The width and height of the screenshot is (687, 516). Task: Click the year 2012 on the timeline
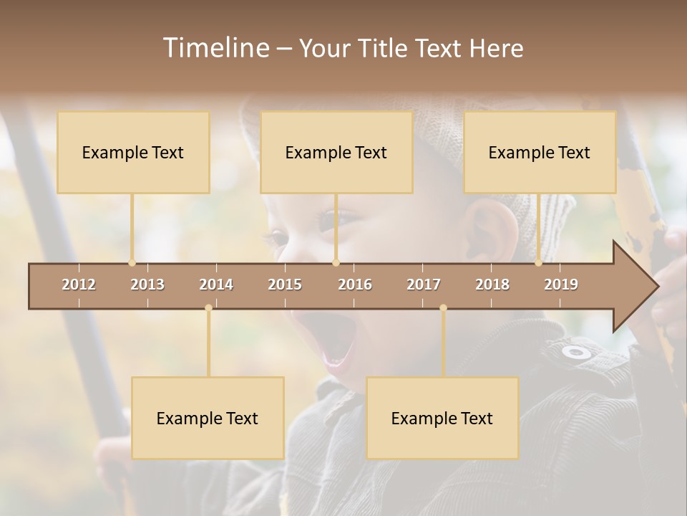(x=79, y=285)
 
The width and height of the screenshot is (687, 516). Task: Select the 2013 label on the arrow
(x=147, y=285)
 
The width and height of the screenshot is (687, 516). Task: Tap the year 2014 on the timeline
(x=216, y=285)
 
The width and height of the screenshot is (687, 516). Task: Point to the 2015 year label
(x=285, y=285)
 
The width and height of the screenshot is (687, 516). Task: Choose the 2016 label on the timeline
(x=355, y=285)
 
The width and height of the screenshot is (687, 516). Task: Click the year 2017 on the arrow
(x=424, y=285)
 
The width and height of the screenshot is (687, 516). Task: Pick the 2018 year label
(x=492, y=285)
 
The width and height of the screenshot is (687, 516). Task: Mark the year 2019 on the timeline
(x=561, y=285)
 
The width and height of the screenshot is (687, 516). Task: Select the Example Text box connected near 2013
(x=133, y=152)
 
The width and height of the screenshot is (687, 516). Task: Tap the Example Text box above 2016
(x=336, y=152)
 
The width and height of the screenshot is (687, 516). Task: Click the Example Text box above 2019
(x=540, y=152)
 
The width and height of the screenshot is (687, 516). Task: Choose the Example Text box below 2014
(x=208, y=418)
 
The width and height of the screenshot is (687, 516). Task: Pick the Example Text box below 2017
(x=442, y=418)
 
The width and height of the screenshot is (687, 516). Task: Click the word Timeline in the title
(x=215, y=48)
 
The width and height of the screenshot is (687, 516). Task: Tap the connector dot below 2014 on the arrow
(x=208, y=308)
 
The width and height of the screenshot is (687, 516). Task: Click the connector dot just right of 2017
(x=443, y=308)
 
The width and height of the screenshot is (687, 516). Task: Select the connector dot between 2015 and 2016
(x=336, y=262)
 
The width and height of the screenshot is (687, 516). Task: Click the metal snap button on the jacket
(x=576, y=352)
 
